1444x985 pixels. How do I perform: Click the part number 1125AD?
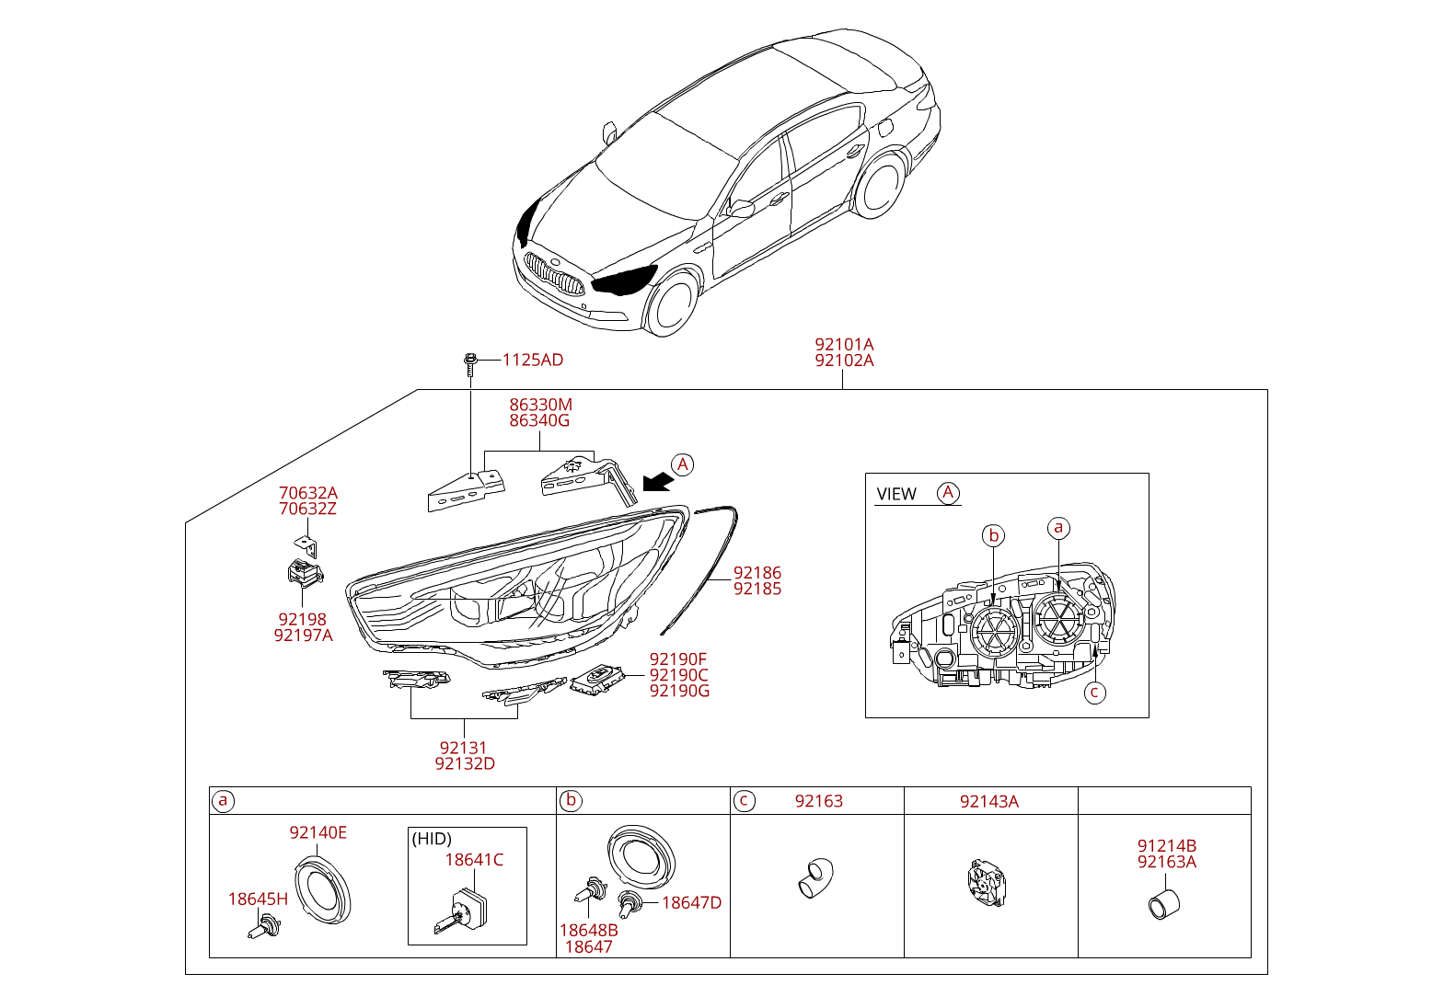tap(532, 360)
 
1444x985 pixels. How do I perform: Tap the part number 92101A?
tap(844, 345)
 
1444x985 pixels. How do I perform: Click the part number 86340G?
tap(539, 420)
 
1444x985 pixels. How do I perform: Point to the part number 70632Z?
tap(307, 509)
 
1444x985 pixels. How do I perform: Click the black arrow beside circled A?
tap(657, 481)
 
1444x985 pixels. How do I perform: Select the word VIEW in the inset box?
tap(896, 494)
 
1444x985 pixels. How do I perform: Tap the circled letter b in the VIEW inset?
tap(993, 535)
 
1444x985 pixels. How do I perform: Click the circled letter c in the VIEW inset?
tap(1094, 692)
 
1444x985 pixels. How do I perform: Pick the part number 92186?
tap(757, 573)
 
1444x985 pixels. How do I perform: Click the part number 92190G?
tap(679, 691)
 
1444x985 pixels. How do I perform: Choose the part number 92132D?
tap(465, 763)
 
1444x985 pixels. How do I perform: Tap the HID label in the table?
tap(432, 839)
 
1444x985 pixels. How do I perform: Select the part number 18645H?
tap(258, 899)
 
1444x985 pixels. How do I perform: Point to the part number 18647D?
tap(691, 902)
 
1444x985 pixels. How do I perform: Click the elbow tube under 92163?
tap(814, 877)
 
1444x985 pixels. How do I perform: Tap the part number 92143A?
tap(989, 801)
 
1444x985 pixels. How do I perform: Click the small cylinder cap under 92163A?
tap(1163, 904)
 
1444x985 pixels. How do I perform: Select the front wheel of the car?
tap(672, 305)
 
